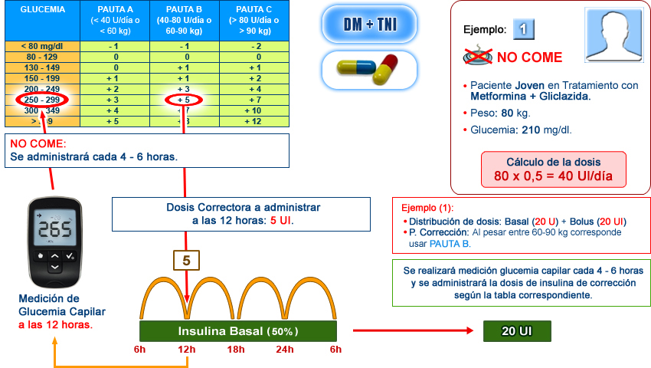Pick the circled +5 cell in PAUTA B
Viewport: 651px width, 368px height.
(184, 100)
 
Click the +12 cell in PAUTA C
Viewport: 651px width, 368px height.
(253, 121)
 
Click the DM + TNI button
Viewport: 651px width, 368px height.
(369, 24)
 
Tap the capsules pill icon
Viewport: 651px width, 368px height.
(369, 69)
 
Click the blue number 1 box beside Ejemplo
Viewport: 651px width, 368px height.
(523, 30)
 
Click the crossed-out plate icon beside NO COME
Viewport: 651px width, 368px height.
(478, 56)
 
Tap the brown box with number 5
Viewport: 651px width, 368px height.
(186, 261)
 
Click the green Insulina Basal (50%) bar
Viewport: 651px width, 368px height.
(238, 331)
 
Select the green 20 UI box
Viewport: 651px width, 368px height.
(517, 331)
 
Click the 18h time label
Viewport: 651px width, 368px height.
(237, 350)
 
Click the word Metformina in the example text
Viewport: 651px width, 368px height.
(499, 97)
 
